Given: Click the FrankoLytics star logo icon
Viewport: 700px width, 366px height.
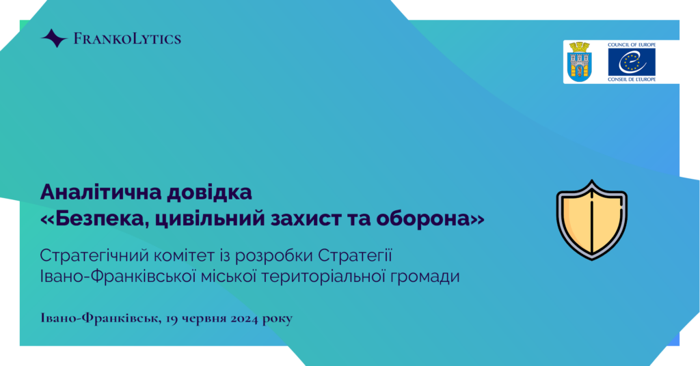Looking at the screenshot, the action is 54,38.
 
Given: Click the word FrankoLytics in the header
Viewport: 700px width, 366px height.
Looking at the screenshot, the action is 127,39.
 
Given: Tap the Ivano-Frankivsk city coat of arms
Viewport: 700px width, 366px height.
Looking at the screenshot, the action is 579,62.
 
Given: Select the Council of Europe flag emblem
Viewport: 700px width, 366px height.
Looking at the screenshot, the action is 632,62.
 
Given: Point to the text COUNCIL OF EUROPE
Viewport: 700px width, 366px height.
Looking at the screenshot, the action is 632,44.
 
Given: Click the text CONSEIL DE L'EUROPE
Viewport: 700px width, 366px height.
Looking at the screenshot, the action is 632,79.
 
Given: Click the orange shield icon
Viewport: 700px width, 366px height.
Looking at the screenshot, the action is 592,220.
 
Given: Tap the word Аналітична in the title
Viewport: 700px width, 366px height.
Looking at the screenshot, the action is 100,192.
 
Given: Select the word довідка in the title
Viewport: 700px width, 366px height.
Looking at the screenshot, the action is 209,192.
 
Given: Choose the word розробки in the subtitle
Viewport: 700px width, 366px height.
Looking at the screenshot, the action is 275,257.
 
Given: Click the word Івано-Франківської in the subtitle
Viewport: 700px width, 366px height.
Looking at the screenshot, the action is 118,277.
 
